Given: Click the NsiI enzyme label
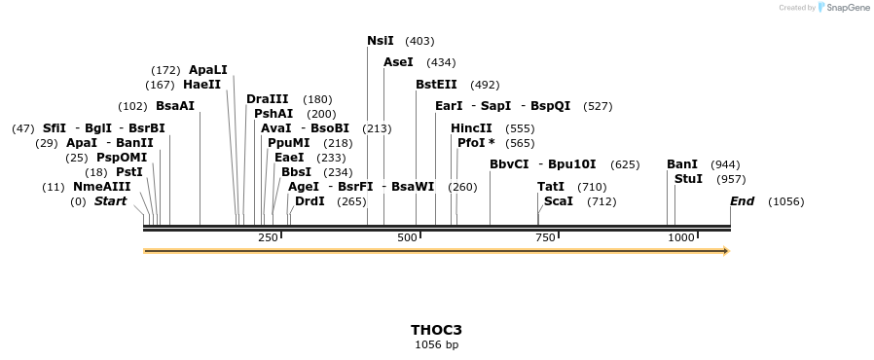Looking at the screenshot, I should (381, 41).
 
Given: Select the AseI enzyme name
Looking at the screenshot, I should (398, 62).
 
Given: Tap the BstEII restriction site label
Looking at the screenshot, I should (436, 85).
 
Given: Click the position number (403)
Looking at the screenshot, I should (419, 41).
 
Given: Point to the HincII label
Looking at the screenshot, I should (471, 128).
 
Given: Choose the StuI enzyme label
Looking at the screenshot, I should (688, 179).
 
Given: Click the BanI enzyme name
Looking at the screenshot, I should (682, 164).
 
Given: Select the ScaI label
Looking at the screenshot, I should (559, 201).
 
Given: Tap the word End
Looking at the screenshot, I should (742, 201).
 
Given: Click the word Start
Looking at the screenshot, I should (110, 201).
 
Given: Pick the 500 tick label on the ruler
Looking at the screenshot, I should (407, 237).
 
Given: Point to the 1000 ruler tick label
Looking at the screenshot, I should (681, 237).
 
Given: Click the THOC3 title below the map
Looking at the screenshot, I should (436, 330).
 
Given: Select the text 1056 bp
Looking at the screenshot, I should (436, 344).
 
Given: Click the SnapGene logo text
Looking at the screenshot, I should (850, 8).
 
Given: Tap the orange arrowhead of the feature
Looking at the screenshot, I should (725, 251).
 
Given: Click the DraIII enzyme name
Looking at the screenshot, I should (268, 99).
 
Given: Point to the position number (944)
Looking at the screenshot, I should (725, 164).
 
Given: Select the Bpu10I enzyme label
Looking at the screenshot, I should (572, 164).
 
